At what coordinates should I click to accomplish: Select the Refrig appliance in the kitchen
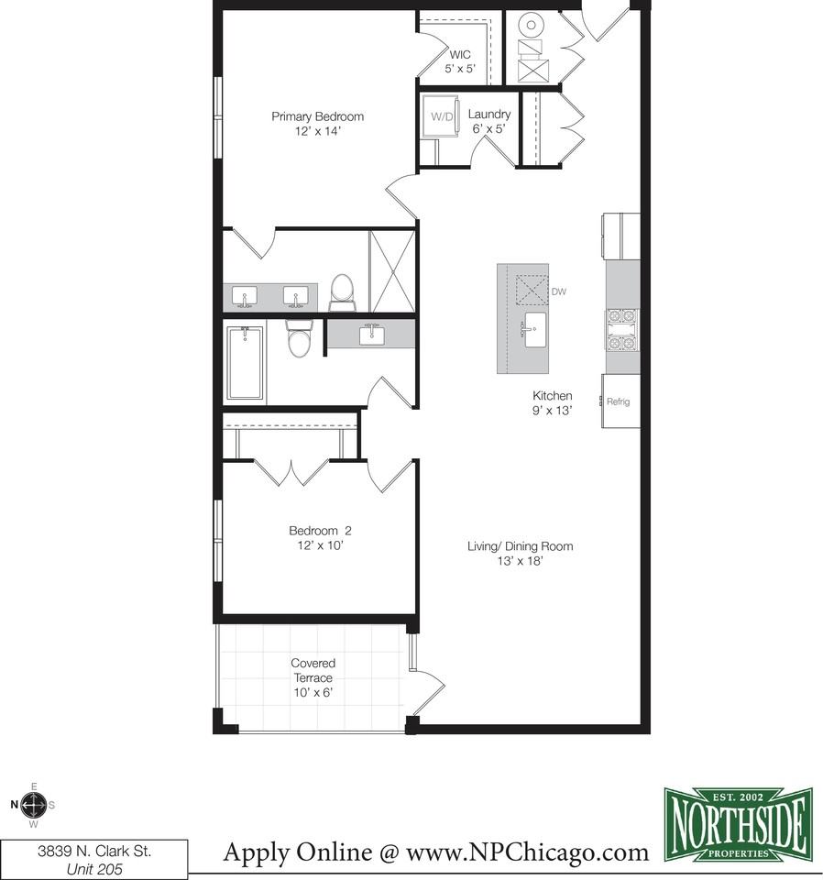(x=620, y=401)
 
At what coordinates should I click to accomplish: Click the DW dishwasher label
(x=559, y=291)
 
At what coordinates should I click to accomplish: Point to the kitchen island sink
(x=534, y=330)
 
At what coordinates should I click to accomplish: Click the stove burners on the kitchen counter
(x=622, y=331)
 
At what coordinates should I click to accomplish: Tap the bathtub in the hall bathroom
(x=245, y=363)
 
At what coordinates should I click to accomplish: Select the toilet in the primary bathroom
(x=342, y=292)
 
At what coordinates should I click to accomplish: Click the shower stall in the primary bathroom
(x=392, y=270)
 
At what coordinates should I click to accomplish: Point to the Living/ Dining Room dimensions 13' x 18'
(x=520, y=561)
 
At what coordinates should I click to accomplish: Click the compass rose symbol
(x=34, y=806)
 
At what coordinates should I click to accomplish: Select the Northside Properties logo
(x=739, y=824)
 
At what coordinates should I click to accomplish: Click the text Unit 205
(x=94, y=869)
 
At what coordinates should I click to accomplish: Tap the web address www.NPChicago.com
(x=527, y=852)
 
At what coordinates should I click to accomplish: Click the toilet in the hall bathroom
(x=299, y=338)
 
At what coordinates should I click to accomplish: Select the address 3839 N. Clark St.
(x=94, y=852)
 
